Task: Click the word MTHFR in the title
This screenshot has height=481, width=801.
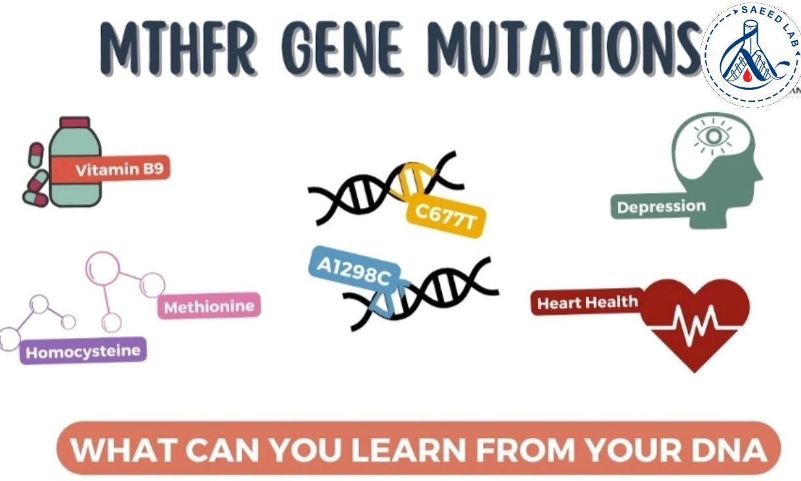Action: click(x=177, y=49)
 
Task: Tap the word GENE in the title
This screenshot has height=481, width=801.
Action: click(x=342, y=49)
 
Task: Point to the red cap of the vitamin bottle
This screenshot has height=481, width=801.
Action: click(x=75, y=122)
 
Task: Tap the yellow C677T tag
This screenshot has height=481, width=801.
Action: click(x=446, y=217)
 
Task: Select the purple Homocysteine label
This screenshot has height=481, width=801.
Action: click(x=83, y=351)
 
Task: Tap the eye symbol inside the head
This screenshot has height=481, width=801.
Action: click(x=714, y=136)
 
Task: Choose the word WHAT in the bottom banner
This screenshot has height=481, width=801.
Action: click(x=124, y=450)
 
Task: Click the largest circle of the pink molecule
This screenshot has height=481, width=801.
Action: click(x=102, y=268)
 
